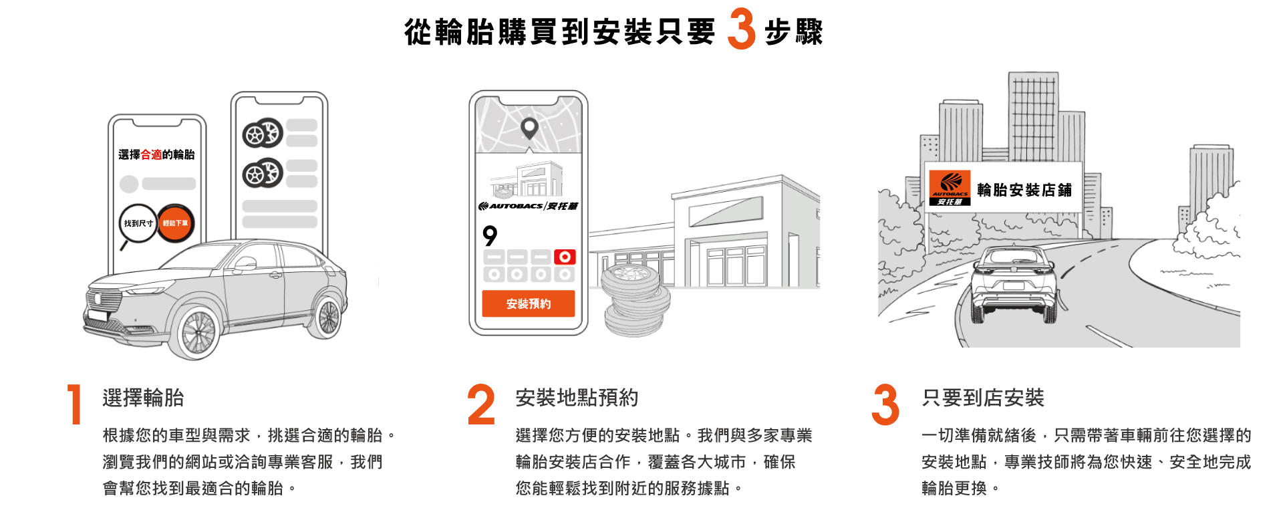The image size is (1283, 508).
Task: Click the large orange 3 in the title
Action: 742,29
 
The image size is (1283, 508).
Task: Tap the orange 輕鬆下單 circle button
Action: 176,223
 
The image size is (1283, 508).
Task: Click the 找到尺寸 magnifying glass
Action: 137,225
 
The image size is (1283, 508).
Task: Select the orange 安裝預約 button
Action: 529,303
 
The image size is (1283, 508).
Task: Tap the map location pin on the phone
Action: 529,128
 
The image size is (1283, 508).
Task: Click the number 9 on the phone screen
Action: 490,235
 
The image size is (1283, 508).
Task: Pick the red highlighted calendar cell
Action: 565,257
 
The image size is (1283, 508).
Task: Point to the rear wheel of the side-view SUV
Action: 327,317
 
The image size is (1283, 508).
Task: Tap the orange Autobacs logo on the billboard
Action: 950,188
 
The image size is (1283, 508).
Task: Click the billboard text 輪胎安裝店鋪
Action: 1024,190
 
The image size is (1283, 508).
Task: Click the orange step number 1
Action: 75,404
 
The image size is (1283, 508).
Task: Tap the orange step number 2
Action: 481,404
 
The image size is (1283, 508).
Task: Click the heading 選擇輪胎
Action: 143,398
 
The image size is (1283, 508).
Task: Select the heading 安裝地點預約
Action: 577,398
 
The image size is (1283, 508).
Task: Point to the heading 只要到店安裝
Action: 982,398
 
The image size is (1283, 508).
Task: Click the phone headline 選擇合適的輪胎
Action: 156,154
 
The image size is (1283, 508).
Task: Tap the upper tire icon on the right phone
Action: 263,133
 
